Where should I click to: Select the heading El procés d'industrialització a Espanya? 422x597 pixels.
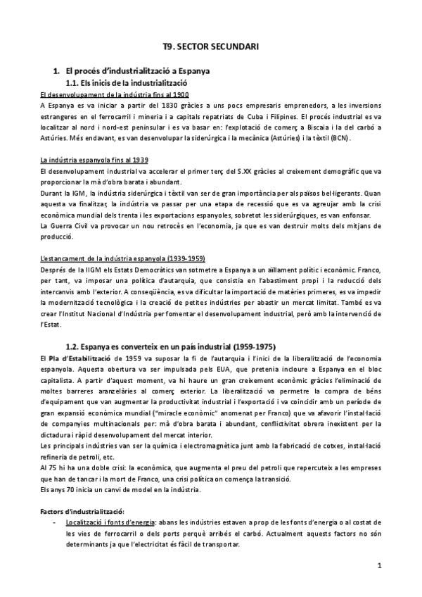pos(139,72)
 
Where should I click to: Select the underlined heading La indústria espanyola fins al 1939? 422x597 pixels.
pos(94,160)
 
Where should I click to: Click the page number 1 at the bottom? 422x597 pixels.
pos(378,565)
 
